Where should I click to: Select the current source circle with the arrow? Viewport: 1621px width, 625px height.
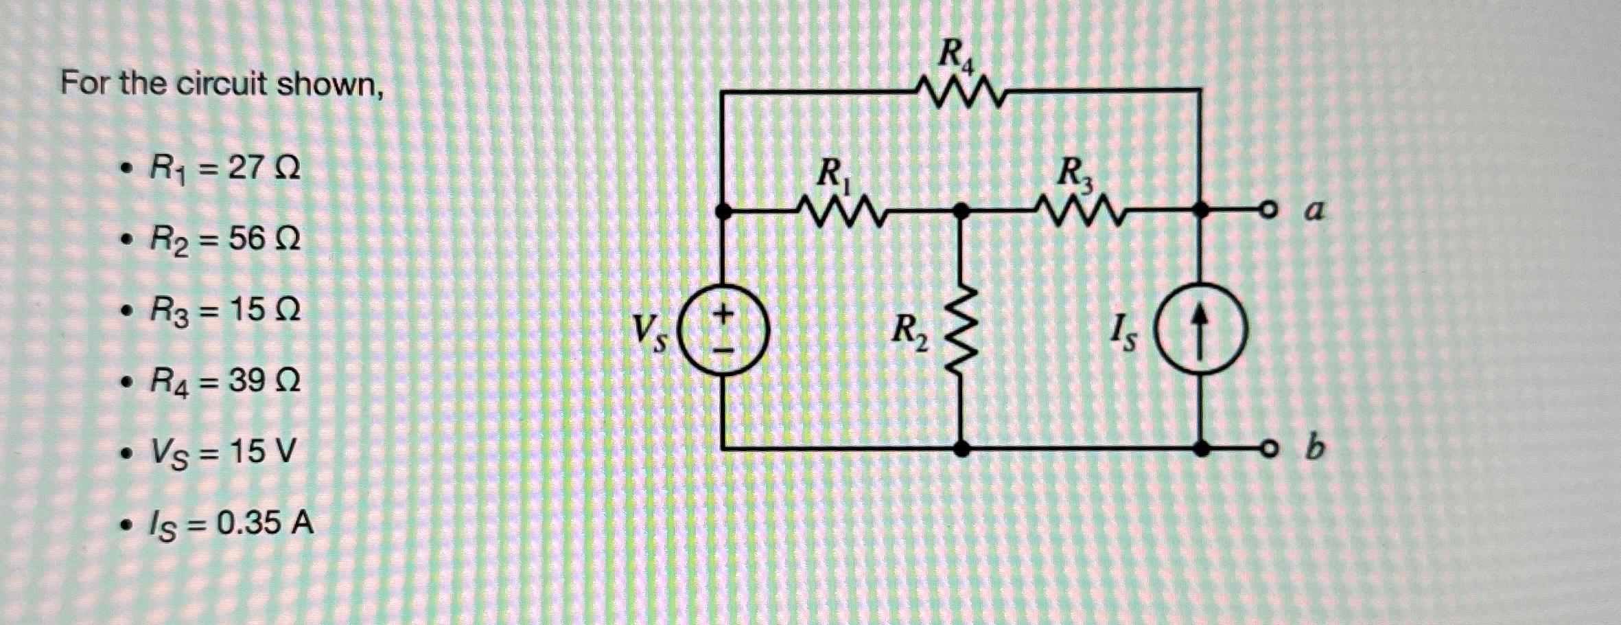tap(1200, 332)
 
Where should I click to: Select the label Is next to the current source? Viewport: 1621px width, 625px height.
tap(1123, 335)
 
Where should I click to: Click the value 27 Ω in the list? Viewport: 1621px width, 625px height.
tap(264, 169)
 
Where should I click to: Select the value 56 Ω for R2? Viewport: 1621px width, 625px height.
tap(264, 240)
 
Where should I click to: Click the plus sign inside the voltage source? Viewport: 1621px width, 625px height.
tap(721, 315)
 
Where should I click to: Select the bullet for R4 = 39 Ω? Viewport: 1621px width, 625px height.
tap(124, 382)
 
